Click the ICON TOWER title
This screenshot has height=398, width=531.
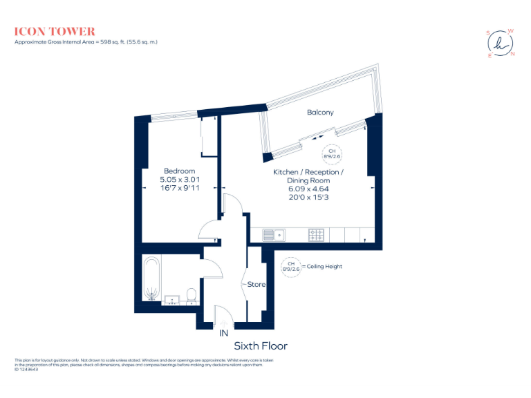click(55, 31)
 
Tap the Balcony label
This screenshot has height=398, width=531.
click(320, 112)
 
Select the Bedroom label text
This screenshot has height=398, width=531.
click(179, 171)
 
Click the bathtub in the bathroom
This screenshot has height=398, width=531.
click(151, 279)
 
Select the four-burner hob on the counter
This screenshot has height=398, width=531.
click(317, 235)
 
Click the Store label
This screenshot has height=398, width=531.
click(256, 284)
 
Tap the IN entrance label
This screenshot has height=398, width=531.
click(223, 333)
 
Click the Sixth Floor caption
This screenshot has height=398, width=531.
click(261, 345)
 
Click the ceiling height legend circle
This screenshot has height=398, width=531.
click(291, 266)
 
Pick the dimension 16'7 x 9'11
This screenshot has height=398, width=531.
click(179, 187)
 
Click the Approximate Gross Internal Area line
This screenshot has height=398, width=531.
click(86, 42)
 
